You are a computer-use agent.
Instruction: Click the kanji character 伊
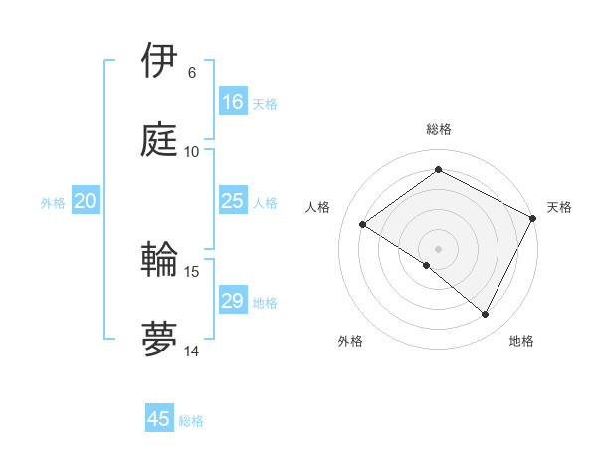click(x=159, y=61)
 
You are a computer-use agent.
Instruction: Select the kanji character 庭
click(x=159, y=140)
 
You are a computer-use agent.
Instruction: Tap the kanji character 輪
click(x=159, y=260)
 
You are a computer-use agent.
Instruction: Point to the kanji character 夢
click(x=159, y=340)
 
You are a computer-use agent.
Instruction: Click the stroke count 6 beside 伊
click(x=191, y=73)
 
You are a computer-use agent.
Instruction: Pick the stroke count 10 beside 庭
click(x=192, y=152)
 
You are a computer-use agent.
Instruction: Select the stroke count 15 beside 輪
click(x=192, y=271)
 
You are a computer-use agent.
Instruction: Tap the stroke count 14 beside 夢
click(x=192, y=351)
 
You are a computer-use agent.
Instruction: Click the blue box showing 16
click(x=233, y=102)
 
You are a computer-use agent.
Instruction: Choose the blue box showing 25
click(x=233, y=201)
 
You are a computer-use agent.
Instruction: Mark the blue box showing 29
click(x=233, y=301)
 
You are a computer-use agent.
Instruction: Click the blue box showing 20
click(x=85, y=201)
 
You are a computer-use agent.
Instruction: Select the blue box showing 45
click(x=159, y=419)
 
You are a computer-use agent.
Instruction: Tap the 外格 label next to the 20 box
click(x=53, y=202)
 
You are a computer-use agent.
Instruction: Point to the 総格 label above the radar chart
click(x=439, y=129)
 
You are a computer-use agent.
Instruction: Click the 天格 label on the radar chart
click(x=560, y=207)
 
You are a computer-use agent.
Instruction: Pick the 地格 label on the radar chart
click(x=522, y=341)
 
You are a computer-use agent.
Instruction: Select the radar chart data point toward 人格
click(x=363, y=224)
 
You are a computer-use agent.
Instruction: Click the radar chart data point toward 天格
click(x=533, y=218)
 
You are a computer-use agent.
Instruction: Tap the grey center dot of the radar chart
click(x=439, y=248)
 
